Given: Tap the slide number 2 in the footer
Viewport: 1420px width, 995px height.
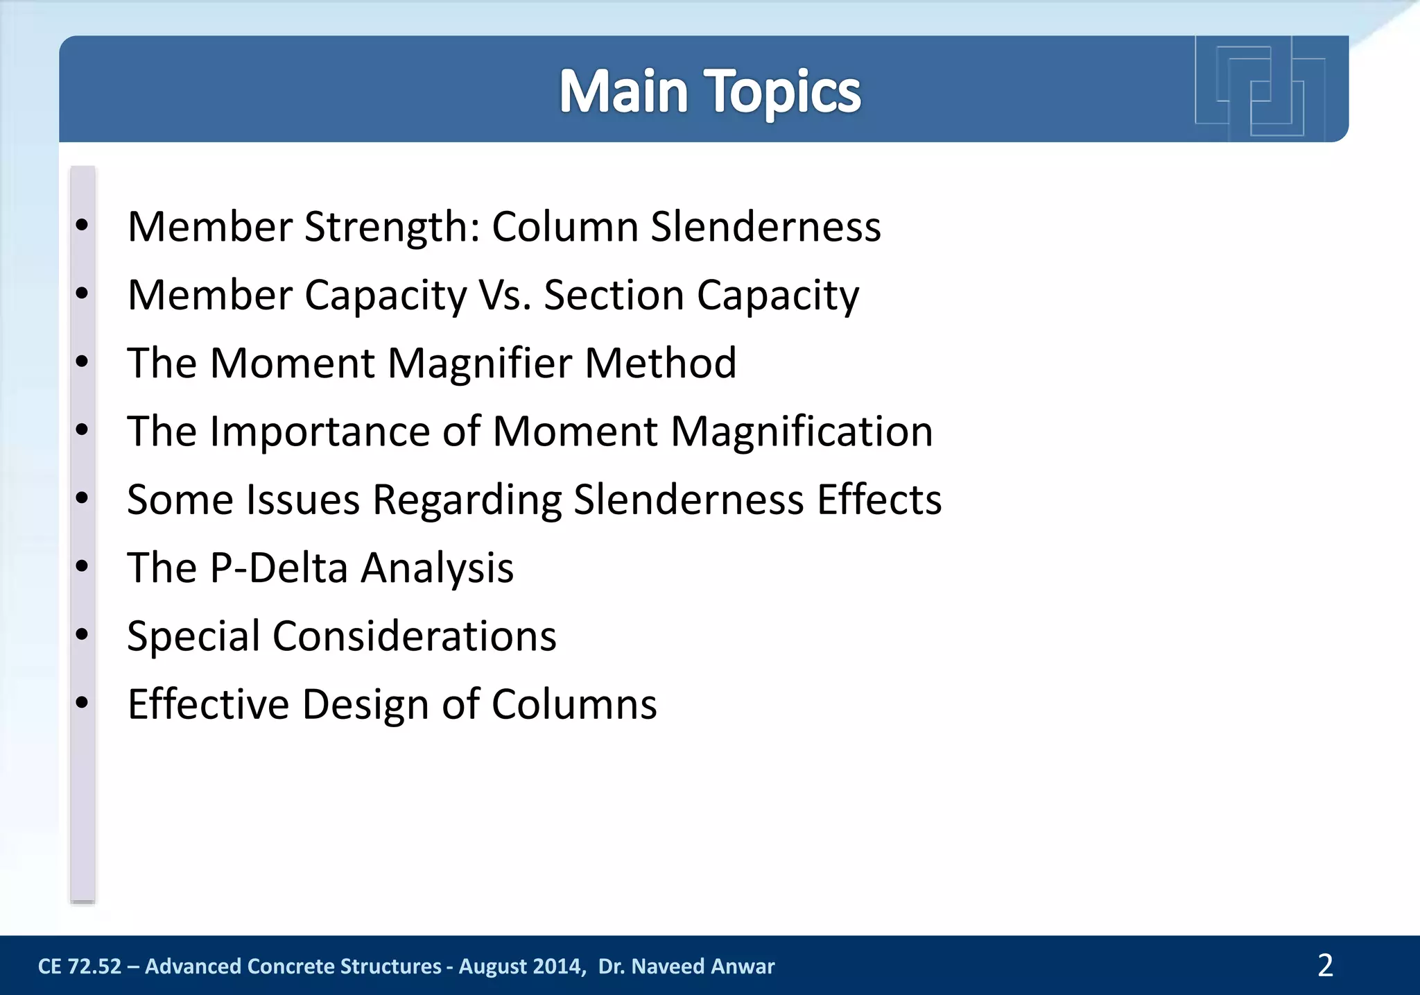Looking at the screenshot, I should coord(1325,965).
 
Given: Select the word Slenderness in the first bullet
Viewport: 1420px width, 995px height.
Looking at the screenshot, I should coord(765,227).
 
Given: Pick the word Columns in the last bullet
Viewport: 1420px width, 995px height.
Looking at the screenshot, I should coord(574,704).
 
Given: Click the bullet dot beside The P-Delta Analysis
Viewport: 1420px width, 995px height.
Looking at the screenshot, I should coord(83,567).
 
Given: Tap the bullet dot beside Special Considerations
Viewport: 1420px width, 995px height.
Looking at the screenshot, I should coord(83,635).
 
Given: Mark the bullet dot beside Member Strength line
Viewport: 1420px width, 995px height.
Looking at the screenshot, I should coord(83,226).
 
